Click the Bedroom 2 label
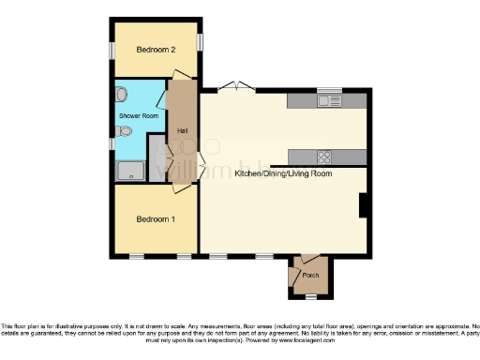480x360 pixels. [156, 50]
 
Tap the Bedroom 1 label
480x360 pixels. [156, 219]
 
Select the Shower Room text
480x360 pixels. [136, 116]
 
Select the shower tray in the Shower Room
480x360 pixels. [129, 171]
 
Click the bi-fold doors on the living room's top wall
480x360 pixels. [235, 88]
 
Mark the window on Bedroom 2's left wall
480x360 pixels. [111, 50]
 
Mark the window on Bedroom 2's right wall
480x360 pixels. [200, 42]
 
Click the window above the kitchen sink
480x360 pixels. [329, 90]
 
